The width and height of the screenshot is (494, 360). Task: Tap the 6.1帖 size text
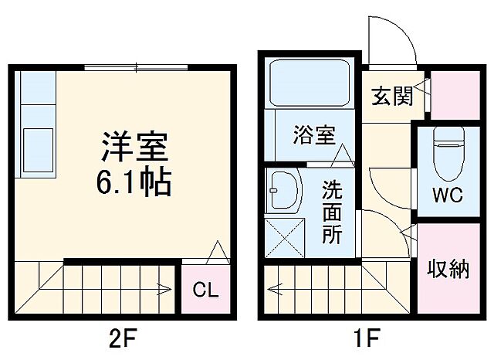[134, 183]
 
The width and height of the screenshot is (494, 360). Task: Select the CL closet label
[205, 290]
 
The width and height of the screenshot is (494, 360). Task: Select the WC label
[446, 195]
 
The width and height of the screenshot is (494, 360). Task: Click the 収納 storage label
[448, 270]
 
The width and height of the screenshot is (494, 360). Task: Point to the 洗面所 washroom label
[332, 212]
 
